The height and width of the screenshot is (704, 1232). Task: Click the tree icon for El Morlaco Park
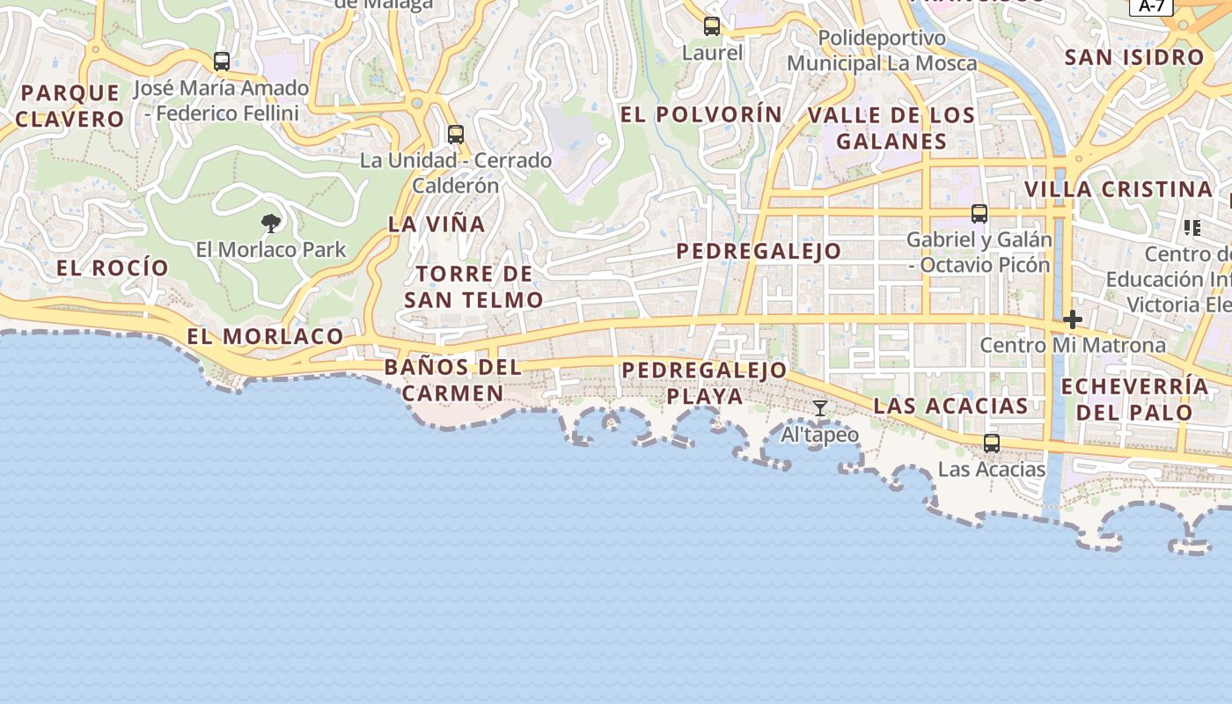[x=271, y=223]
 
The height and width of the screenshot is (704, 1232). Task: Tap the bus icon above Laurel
[x=712, y=26]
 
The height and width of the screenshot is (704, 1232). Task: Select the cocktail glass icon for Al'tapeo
[x=820, y=408]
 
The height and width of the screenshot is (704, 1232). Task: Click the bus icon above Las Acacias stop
[x=992, y=443]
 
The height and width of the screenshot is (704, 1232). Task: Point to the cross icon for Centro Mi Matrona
[x=1072, y=319]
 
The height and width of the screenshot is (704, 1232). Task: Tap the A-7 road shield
[x=1151, y=6]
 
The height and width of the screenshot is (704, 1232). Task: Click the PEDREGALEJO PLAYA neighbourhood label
[x=704, y=383]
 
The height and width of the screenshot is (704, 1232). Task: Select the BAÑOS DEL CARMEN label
[x=453, y=380]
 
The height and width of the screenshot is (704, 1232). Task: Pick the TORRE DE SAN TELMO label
[x=473, y=287]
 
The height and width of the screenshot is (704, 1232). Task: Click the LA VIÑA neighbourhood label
[x=436, y=224]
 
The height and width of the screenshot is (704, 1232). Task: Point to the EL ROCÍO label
[x=113, y=268]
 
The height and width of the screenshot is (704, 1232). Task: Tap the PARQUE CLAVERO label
[x=70, y=106]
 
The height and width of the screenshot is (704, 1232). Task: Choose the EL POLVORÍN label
[x=700, y=114]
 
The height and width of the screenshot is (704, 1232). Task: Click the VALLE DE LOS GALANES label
[x=891, y=128]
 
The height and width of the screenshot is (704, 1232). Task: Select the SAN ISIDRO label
[x=1134, y=58]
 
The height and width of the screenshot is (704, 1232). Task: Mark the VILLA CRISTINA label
[x=1118, y=189]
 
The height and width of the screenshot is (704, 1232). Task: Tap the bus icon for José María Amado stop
[x=222, y=62]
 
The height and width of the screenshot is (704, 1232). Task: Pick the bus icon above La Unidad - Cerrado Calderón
[x=456, y=135]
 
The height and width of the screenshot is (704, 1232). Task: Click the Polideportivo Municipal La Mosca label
[x=882, y=51]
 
